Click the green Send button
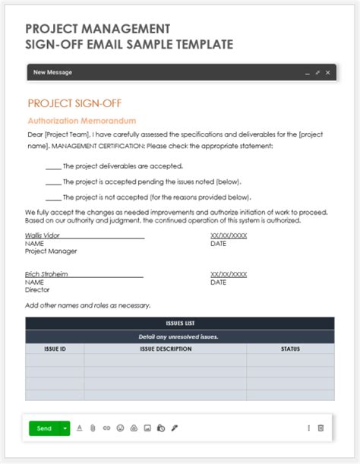click(44, 428)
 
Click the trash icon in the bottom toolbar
click(321, 428)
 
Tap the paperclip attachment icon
click(93, 428)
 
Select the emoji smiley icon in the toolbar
click(120, 428)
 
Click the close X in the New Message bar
click(327, 73)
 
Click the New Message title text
click(53, 73)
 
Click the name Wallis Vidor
click(43, 235)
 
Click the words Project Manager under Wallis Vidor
click(51, 251)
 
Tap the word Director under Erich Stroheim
click(37, 289)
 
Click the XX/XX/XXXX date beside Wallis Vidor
click(229, 235)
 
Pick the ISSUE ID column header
click(54, 349)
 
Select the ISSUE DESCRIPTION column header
click(166, 349)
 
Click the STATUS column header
click(290, 349)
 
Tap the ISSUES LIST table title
click(180, 323)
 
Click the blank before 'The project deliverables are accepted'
click(53, 166)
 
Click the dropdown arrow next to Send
click(65, 428)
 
